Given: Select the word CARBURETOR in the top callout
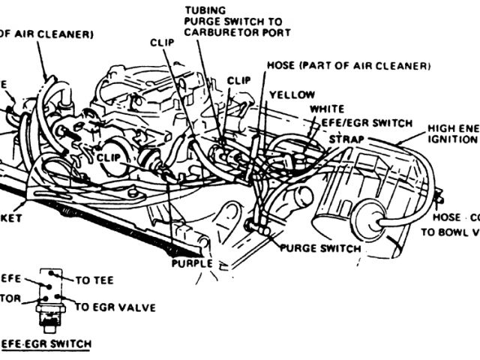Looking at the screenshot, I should pyautogui.click(x=217, y=33).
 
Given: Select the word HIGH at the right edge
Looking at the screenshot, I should pyautogui.click(x=442, y=127).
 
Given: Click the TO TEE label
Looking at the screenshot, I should pyautogui.click(x=94, y=279).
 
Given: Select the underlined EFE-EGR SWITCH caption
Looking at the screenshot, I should pyautogui.click(x=45, y=343).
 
